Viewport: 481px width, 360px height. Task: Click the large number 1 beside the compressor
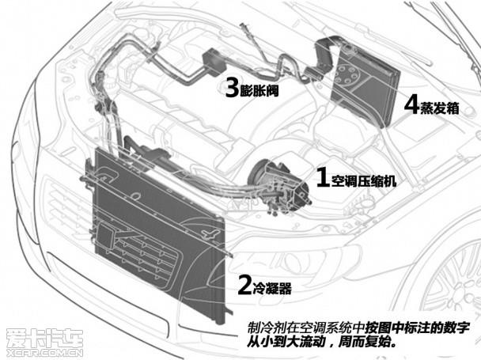click(x=323, y=177)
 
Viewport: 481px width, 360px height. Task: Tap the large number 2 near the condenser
click(x=244, y=285)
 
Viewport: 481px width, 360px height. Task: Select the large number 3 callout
click(x=232, y=88)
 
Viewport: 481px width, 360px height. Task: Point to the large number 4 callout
click(x=411, y=105)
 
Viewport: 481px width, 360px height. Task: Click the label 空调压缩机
click(x=363, y=180)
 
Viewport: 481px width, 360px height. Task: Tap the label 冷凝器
click(x=272, y=288)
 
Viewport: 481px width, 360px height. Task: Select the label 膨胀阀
click(x=259, y=90)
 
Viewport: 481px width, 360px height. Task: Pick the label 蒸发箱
click(x=439, y=108)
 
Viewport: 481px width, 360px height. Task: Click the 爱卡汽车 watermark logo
click(x=45, y=339)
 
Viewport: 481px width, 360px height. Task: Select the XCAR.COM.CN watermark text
click(x=45, y=353)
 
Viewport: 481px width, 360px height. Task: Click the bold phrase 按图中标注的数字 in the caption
click(x=417, y=328)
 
